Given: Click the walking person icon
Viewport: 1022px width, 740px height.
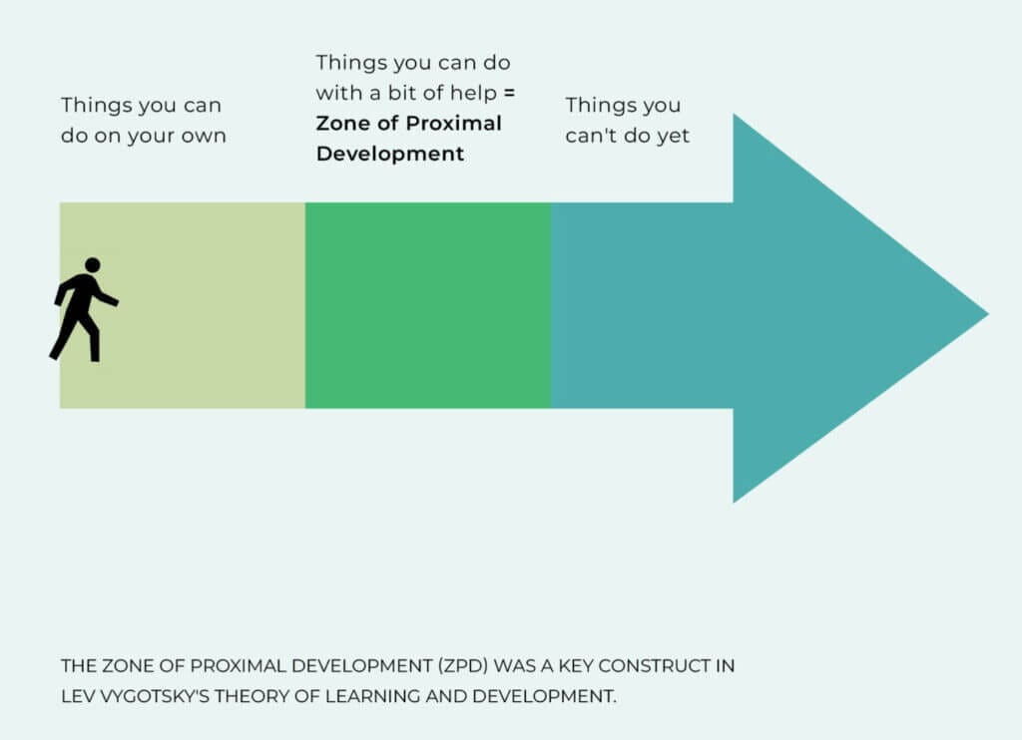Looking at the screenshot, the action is tap(84, 309).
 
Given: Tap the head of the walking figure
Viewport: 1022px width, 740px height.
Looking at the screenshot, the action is tap(93, 264).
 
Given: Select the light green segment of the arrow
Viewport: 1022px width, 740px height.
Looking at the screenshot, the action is tap(183, 305).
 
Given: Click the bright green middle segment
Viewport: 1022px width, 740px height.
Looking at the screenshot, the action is tap(428, 305).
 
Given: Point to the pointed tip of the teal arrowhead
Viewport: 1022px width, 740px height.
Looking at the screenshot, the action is tap(988, 313).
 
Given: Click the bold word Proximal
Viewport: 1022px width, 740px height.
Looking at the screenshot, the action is tap(454, 123).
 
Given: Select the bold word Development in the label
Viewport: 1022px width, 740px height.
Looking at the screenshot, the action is tap(390, 155).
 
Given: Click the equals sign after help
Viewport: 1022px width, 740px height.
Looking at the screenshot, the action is tap(509, 93).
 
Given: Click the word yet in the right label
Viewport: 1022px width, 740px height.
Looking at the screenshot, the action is tap(673, 137).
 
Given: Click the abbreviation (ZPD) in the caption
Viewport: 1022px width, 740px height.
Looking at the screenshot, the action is tap(463, 666).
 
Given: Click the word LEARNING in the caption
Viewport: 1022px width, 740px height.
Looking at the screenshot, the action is tap(371, 696).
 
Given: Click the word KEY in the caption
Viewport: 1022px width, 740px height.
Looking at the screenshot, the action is tap(576, 666).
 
